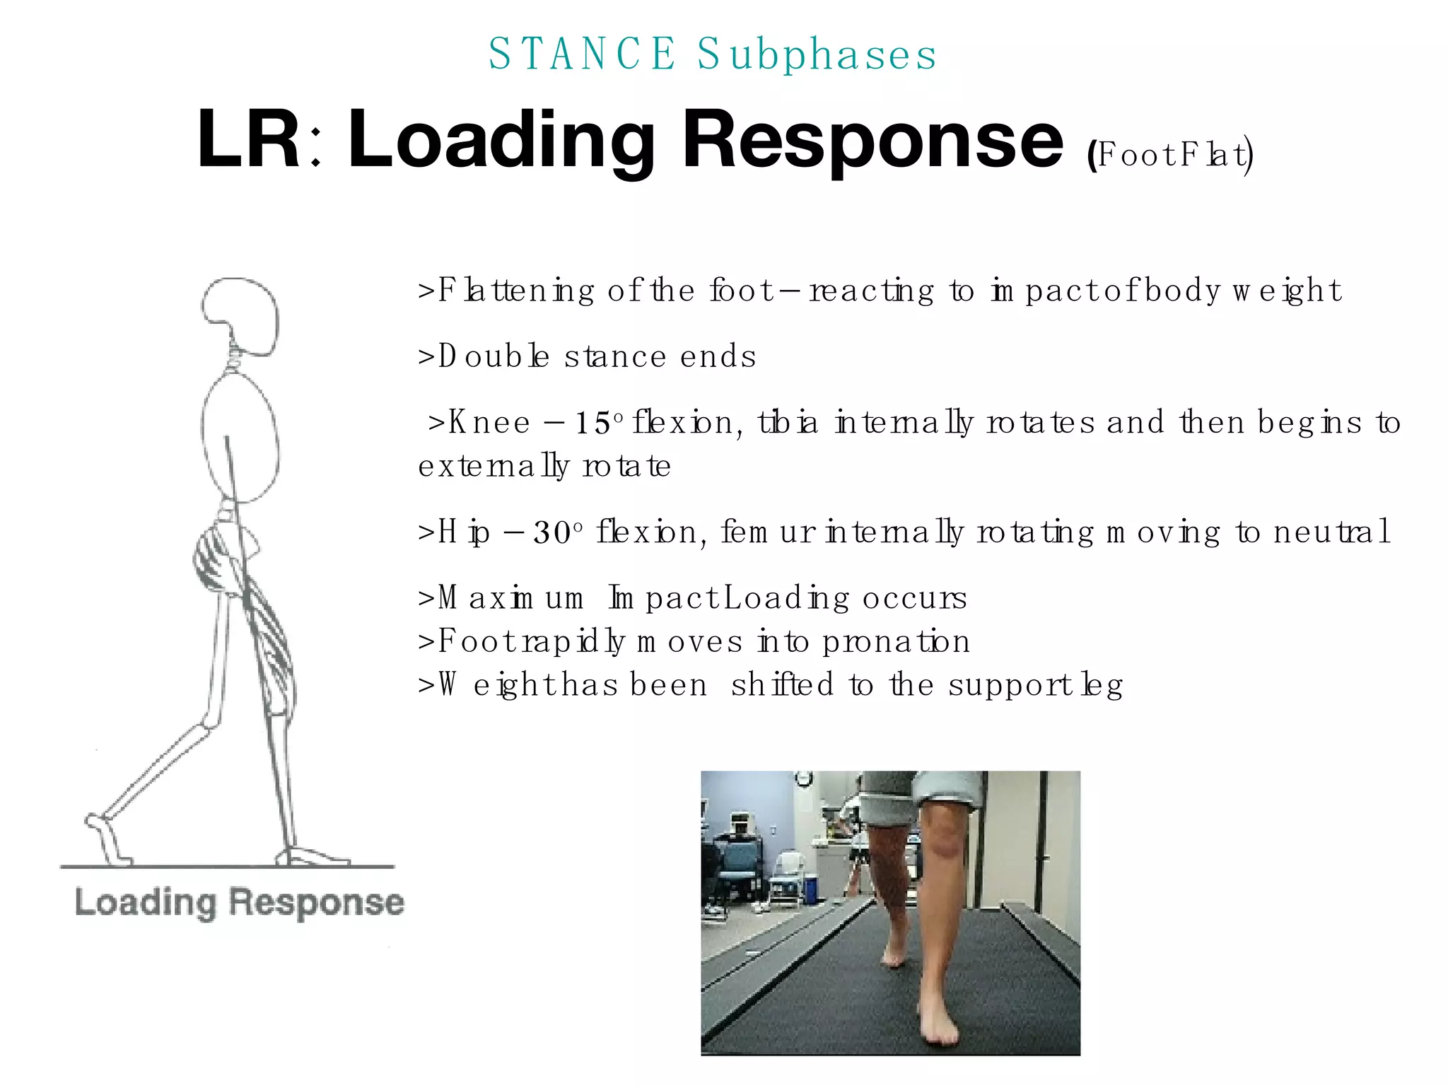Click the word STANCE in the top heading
[x=582, y=54]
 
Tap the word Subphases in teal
[x=817, y=54]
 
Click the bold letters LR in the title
[x=249, y=139]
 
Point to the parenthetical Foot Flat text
[x=1171, y=155]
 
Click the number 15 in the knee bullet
[x=592, y=424]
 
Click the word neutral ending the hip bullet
[x=1332, y=532]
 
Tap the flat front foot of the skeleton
[x=315, y=857]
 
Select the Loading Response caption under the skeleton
[x=239, y=903]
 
